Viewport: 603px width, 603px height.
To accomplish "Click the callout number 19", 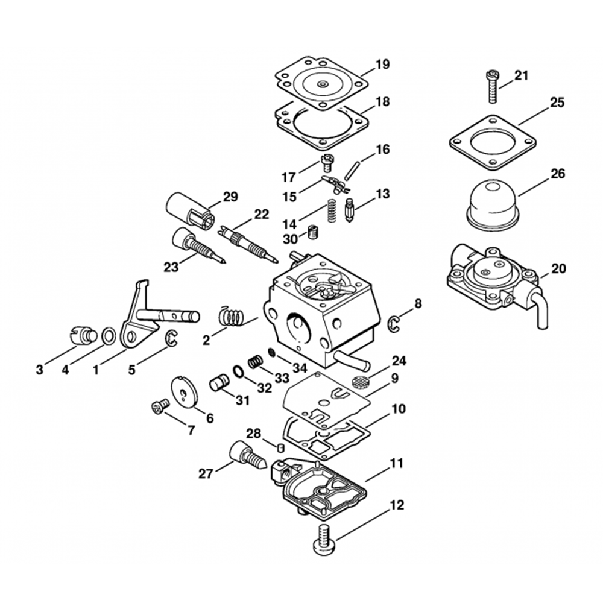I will coord(382,65).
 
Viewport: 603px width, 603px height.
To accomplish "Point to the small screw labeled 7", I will coord(159,408).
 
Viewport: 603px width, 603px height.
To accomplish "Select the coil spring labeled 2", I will coord(231,317).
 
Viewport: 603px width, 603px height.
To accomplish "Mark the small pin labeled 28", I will coord(280,447).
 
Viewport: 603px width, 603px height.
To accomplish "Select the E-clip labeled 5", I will coord(171,339).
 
